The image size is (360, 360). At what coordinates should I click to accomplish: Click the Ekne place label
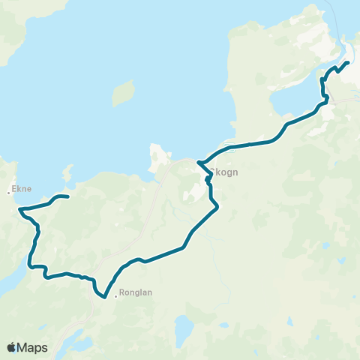pos(20,190)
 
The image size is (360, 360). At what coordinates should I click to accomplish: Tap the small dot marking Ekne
pos(8,193)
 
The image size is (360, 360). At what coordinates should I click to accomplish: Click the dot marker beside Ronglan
pos(115,296)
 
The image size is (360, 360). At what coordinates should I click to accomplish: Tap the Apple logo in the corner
pos(11,347)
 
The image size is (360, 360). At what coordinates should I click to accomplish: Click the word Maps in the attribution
pos(33,347)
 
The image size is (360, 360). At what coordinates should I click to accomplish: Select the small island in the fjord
pos(124,94)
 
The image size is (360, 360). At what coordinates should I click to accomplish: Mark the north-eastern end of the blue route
pos(347,62)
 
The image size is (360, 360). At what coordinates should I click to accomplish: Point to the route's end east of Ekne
pos(68,197)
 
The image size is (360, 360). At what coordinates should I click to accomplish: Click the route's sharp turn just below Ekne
pos(19,208)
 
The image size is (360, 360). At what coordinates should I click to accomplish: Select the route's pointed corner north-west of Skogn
pos(198,162)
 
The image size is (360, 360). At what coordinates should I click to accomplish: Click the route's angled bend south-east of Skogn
pos(217,208)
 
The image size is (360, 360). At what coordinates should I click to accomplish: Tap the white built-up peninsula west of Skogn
pos(160,158)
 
